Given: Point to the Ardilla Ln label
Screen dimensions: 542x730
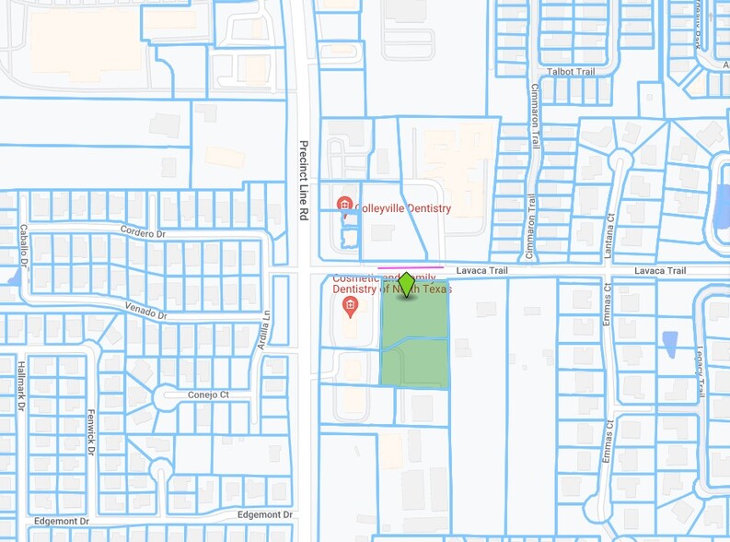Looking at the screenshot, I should click(264, 328).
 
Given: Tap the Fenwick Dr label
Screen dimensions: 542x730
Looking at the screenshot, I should click(91, 431).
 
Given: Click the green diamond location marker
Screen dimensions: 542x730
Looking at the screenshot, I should click(407, 285).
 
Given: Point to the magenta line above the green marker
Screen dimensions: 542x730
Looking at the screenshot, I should click(410, 268).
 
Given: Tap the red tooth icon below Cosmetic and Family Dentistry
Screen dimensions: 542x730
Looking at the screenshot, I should click(349, 305).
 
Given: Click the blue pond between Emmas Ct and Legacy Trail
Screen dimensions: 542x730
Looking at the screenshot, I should click(670, 344).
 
